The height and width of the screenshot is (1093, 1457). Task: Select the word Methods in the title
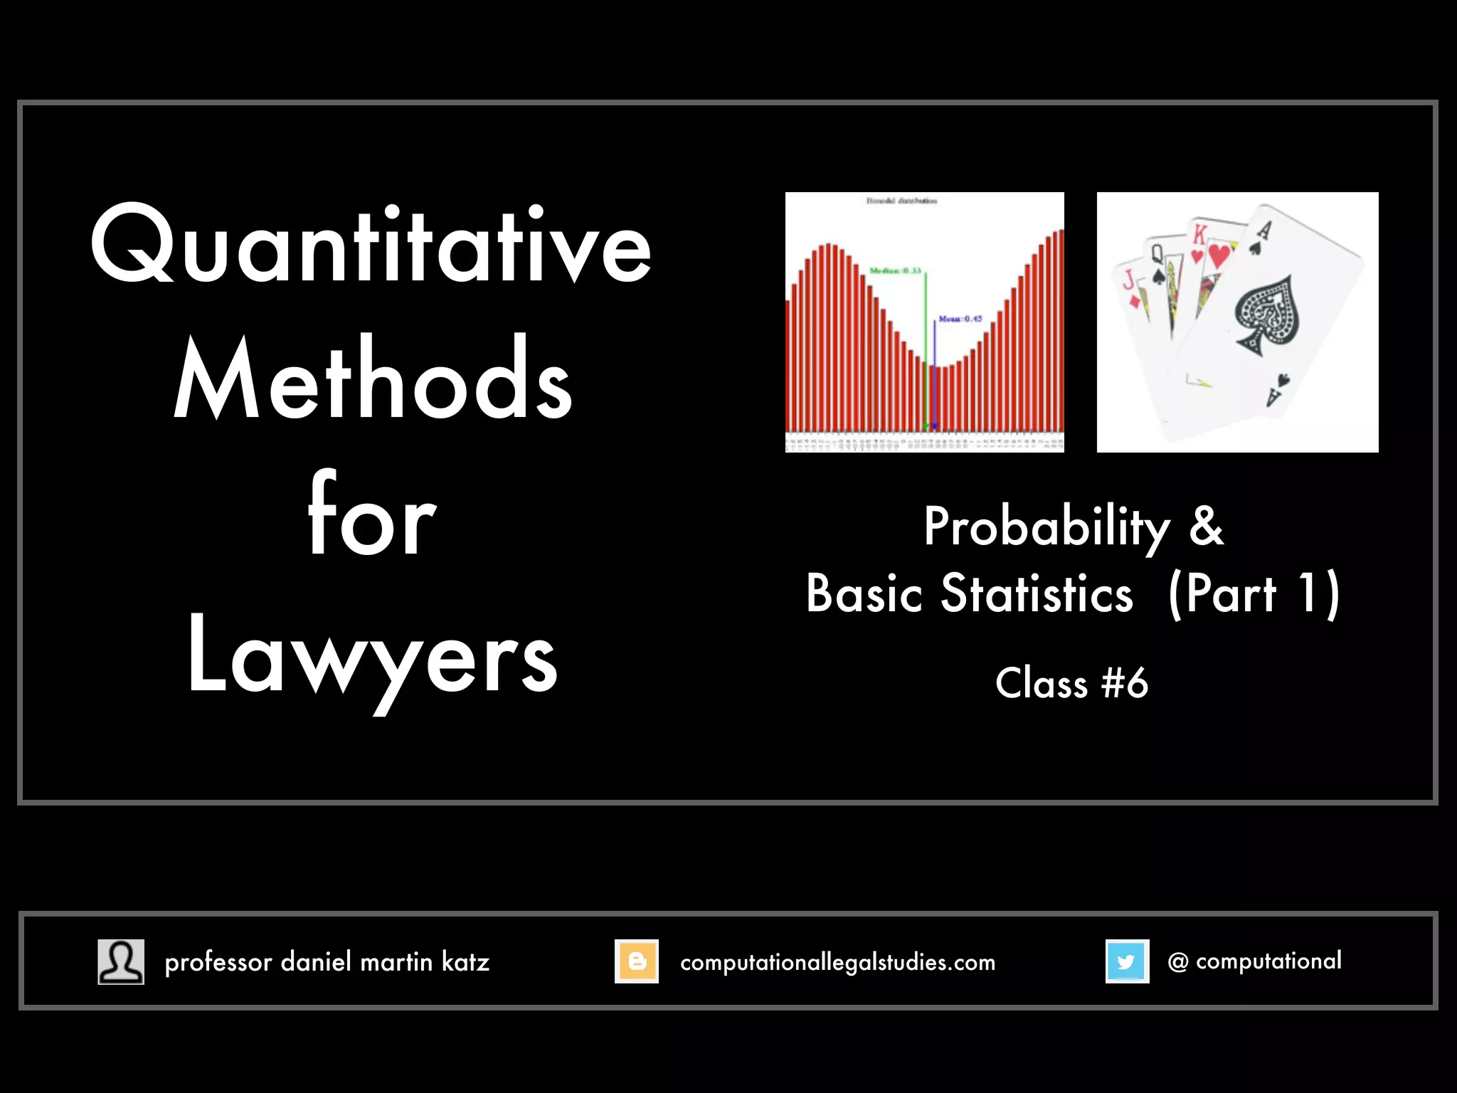(x=373, y=381)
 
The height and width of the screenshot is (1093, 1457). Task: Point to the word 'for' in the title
(x=371, y=516)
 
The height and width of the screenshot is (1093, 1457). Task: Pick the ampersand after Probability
(x=1207, y=527)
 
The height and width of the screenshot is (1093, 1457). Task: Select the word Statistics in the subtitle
(x=1037, y=594)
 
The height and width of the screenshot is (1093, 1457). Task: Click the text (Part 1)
(x=1254, y=594)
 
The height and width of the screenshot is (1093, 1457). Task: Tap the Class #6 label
(x=1071, y=683)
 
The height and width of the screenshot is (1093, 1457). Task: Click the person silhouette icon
(x=121, y=961)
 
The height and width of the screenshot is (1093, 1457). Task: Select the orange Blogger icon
(x=637, y=961)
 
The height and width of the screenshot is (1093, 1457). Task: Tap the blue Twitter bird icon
(x=1127, y=961)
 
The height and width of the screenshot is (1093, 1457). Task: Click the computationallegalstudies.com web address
(x=837, y=962)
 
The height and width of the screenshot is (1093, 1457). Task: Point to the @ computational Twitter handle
(x=1254, y=961)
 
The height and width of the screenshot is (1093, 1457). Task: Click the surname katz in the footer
(x=465, y=962)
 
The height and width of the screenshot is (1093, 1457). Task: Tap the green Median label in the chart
(x=895, y=271)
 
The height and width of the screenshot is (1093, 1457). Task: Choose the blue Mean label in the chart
(x=960, y=319)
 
